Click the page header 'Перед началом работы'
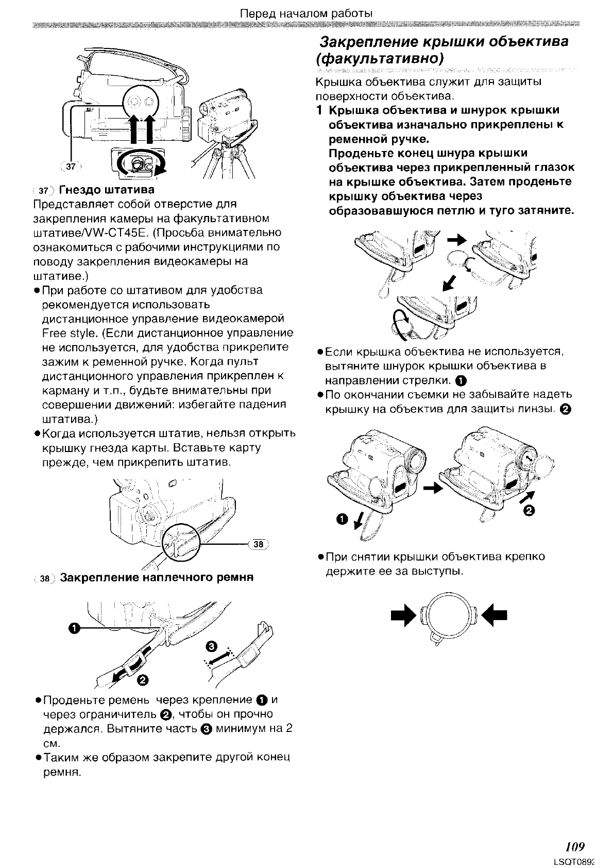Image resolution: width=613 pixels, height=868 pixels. point(306,13)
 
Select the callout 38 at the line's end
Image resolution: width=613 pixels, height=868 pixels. point(259,544)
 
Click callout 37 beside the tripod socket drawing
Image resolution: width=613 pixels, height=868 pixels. point(71,166)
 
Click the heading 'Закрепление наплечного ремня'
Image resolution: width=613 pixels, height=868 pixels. point(157,577)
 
